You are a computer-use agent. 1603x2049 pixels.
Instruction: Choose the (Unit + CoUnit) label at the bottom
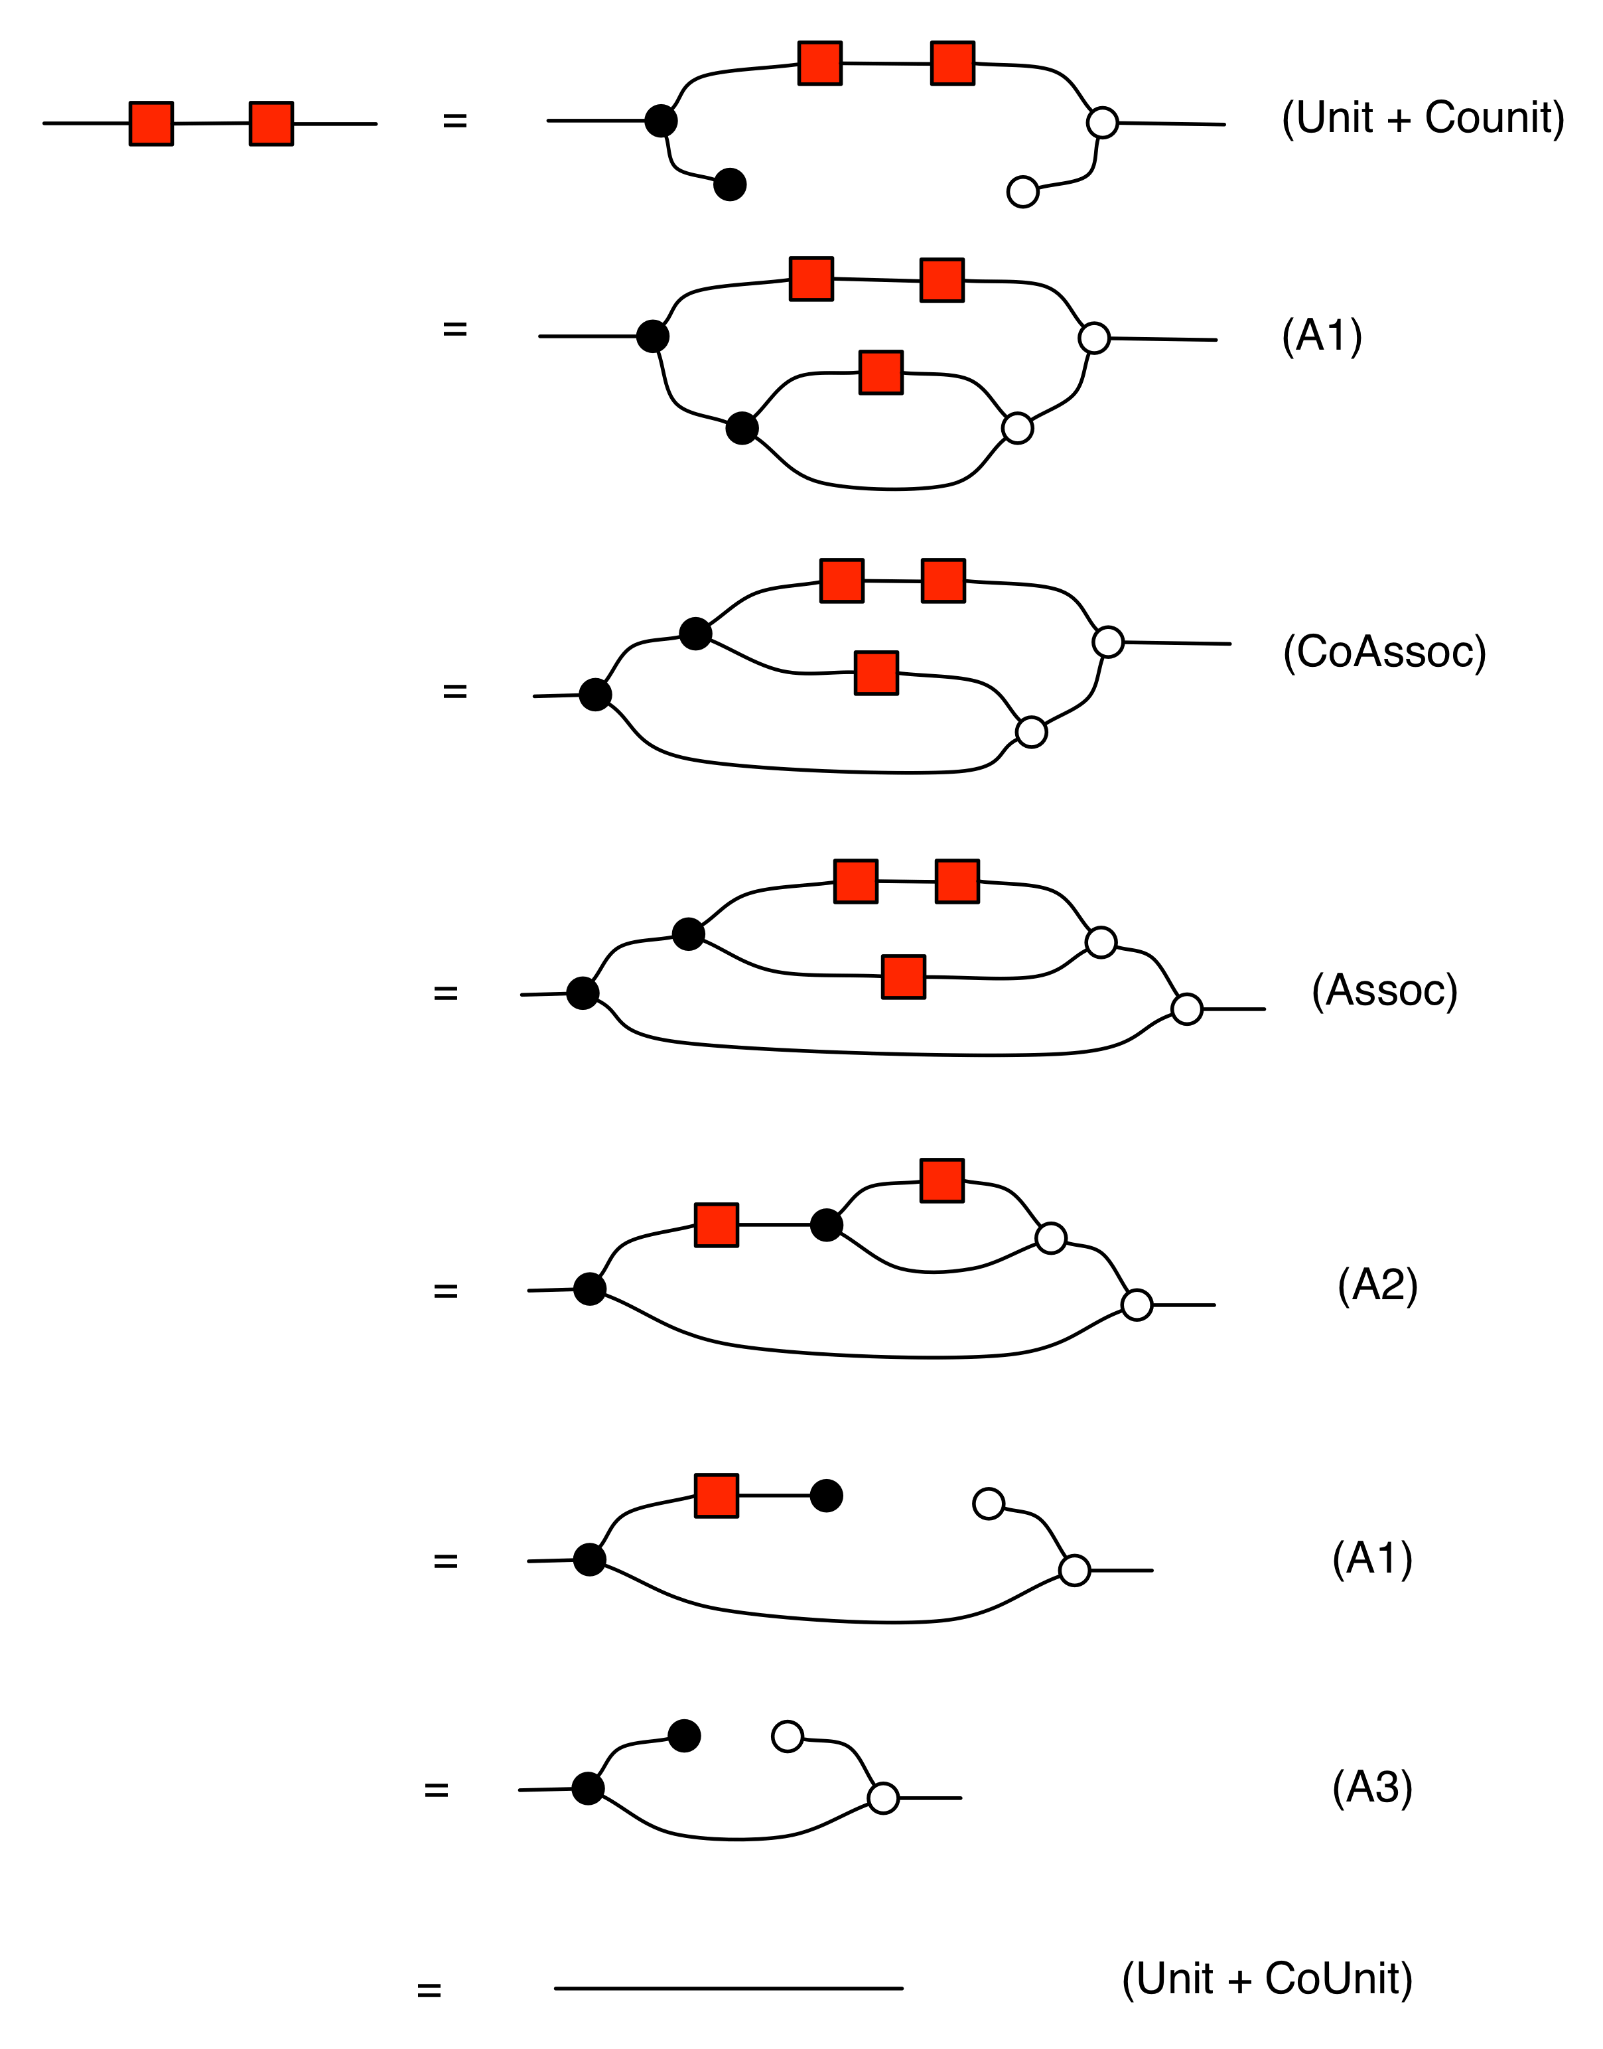point(1267,1979)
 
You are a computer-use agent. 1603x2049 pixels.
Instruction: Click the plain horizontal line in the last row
point(729,1988)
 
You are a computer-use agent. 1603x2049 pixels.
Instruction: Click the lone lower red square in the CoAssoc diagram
point(876,673)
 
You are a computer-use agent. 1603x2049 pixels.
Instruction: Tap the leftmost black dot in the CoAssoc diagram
point(595,695)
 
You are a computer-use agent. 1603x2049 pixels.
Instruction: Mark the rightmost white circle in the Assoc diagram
point(1186,1009)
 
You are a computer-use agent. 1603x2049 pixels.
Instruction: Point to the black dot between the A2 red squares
point(826,1225)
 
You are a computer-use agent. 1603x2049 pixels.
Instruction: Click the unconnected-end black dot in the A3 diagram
point(684,1736)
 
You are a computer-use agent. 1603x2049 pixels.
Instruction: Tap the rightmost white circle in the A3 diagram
point(883,1798)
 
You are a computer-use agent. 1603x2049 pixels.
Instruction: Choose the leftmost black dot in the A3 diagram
point(587,1789)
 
